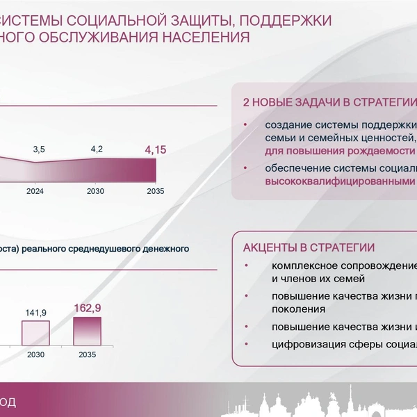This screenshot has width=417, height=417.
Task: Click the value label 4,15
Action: [x=156, y=150]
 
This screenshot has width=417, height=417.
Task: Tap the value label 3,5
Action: [x=39, y=149]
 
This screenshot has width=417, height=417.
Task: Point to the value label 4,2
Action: [x=97, y=149]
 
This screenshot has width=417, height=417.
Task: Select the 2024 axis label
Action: [x=35, y=191]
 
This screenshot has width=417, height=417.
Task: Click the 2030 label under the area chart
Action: [x=95, y=191]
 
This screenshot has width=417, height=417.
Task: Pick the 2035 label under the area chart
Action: [x=156, y=191]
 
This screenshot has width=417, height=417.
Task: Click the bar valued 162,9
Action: [x=88, y=331]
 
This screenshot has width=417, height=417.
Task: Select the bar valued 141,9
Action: [x=35, y=333]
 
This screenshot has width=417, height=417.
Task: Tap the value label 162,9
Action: [x=88, y=308]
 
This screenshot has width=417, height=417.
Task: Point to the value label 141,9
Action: [x=35, y=313]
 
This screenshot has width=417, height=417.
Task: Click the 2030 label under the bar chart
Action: [x=35, y=354]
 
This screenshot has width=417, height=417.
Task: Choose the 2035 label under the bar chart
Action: [x=88, y=354]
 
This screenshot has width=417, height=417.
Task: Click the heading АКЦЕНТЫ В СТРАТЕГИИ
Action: [x=309, y=247]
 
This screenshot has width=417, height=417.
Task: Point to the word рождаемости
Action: [x=381, y=151]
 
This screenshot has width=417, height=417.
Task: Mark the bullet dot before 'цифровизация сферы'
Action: [x=246, y=344]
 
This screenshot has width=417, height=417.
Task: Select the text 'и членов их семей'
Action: [x=318, y=279]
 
